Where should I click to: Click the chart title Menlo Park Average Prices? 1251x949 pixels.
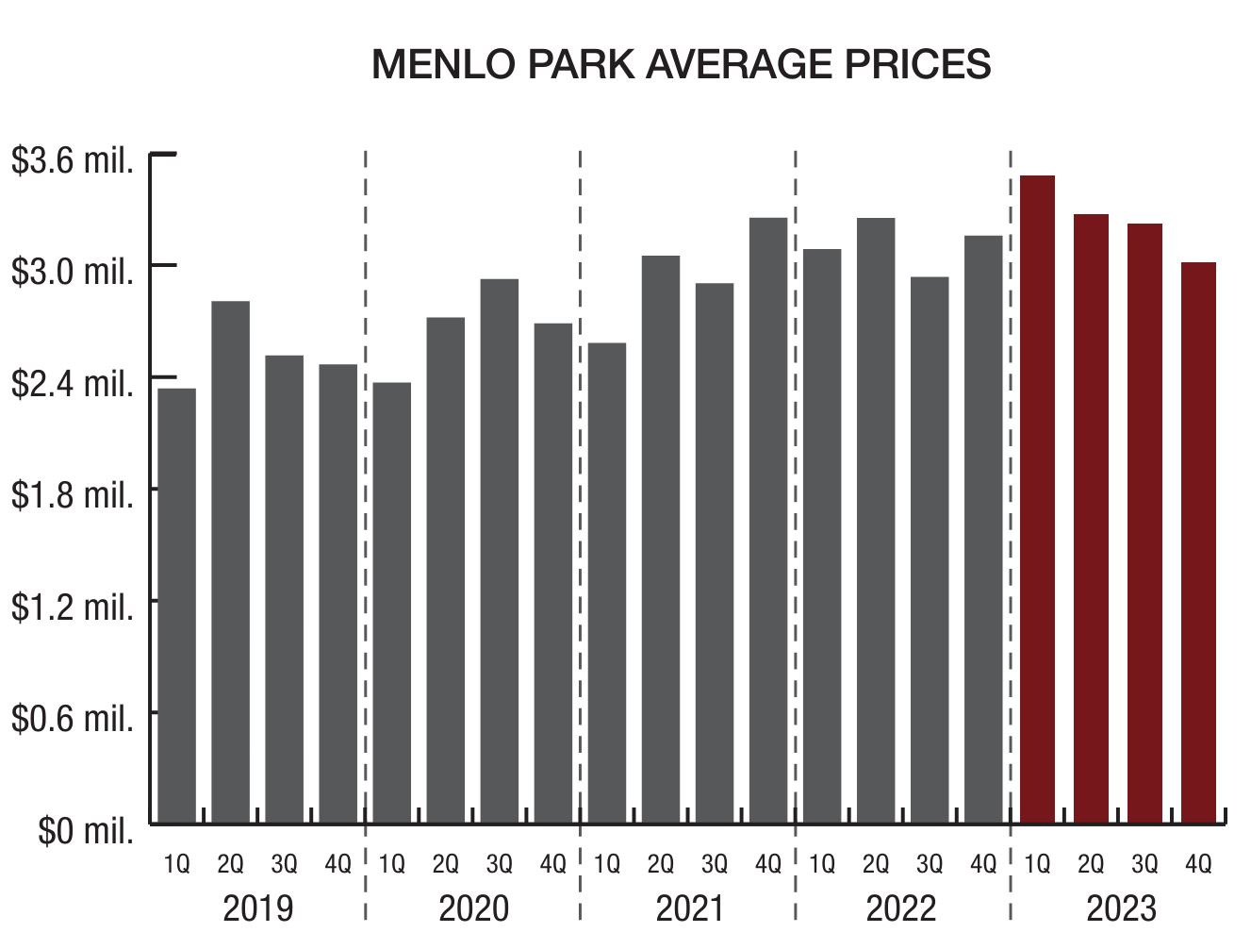(681, 64)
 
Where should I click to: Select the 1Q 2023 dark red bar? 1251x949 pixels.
(1037, 500)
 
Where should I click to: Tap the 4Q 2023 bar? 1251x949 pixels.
(1198, 542)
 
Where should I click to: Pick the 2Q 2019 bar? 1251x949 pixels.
(230, 562)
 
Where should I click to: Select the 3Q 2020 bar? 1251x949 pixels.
(500, 551)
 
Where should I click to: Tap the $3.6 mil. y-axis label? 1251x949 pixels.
(72, 160)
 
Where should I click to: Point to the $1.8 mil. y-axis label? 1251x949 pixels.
(72, 494)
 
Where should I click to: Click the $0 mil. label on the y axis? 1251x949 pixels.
(85, 830)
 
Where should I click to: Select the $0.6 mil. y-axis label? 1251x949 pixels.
(72, 719)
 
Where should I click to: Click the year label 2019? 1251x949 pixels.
(257, 908)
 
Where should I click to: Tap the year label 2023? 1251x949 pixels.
(1120, 908)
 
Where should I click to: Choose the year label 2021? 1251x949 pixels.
(689, 908)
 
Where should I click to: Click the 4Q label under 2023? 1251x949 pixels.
(1198, 863)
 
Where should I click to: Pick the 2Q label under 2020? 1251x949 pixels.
(445, 863)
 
